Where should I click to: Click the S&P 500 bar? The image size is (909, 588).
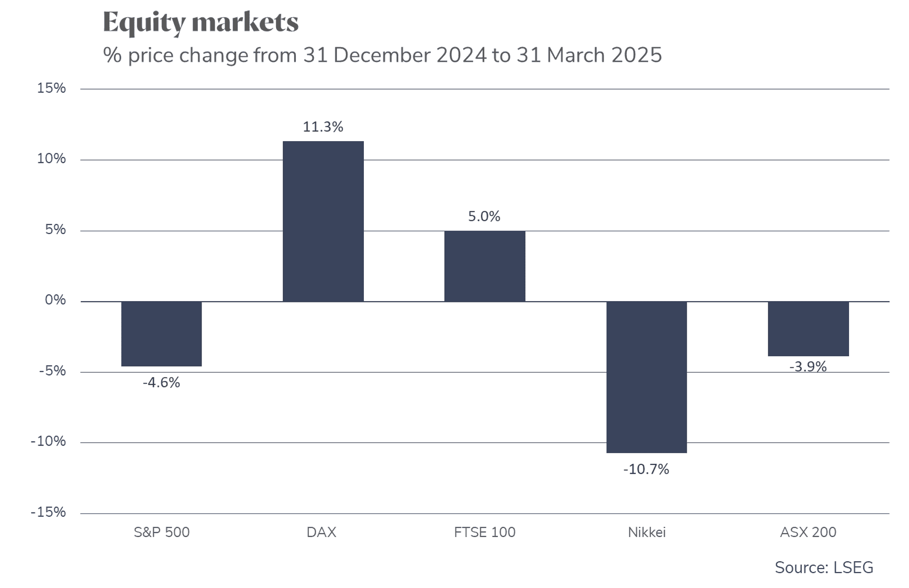click(161, 334)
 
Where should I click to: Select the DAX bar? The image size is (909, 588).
click(323, 221)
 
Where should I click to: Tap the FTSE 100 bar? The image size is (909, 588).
click(485, 266)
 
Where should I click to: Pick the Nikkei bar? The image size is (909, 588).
click(647, 377)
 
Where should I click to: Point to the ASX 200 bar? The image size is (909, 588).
click(808, 328)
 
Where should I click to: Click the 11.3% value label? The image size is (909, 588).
click(323, 127)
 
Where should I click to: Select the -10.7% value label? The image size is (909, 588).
click(646, 469)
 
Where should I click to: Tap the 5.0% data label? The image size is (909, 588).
click(484, 217)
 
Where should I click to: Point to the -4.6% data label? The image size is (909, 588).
click(161, 382)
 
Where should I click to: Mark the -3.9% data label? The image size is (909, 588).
click(808, 367)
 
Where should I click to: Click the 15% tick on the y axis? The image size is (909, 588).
click(51, 88)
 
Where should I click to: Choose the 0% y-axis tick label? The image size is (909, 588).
click(55, 300)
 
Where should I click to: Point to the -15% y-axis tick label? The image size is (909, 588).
click(48, 512)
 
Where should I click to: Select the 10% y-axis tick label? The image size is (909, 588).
click(51, 159)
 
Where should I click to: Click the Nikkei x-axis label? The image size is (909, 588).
click(647, 532)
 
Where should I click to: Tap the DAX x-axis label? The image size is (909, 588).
click(321, 532)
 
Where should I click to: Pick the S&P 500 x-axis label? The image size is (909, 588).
click(161, 532)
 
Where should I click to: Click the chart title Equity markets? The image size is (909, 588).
click(201, 23)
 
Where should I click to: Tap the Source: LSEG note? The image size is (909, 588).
click(824, 567)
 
